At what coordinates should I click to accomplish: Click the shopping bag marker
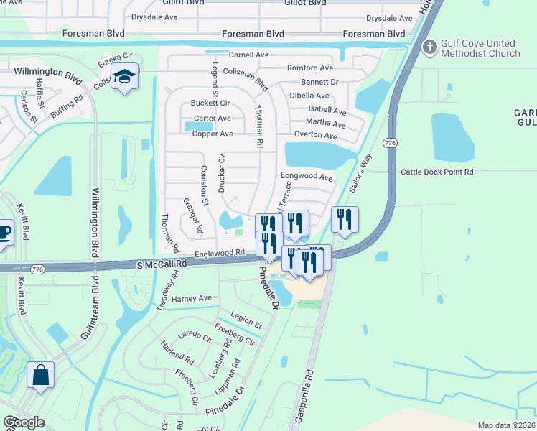(x=40, y=375)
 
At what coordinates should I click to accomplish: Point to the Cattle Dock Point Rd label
(x=437, y=172)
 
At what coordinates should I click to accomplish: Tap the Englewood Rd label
(x=219, y=253)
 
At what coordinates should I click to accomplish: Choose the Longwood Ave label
(x=307, y=177)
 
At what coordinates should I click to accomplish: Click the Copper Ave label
(x=213, y=134)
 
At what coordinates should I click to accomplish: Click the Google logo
(x=24, y=422)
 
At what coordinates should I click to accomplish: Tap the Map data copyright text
(x=505, y=425)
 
